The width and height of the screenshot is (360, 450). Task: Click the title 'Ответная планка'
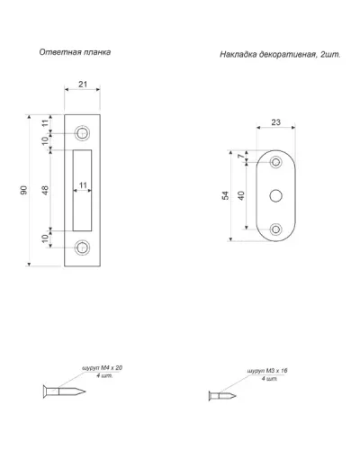point(75,52)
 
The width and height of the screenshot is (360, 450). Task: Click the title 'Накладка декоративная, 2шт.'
point(281,55)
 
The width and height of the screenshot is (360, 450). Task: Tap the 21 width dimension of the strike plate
point(83,85)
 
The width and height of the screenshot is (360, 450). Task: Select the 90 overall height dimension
point(23,190)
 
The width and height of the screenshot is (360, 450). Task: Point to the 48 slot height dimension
point(45,190)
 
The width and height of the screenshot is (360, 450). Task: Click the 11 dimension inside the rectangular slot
point(83,185)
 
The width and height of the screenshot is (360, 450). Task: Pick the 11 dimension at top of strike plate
point(45,123)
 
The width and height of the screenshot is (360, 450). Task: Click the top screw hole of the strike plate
point(82,133)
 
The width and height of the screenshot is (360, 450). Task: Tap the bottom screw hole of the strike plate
point(82,248)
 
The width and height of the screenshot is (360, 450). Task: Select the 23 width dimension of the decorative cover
point(275,122)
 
